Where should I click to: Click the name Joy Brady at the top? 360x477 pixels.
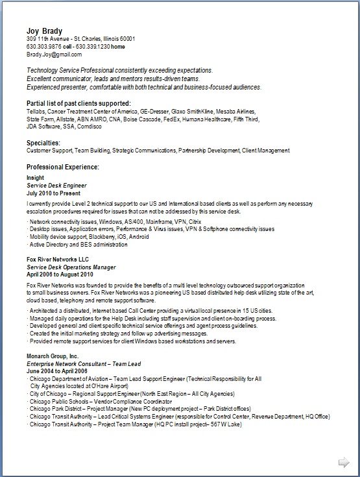pyautogui.click(x=44, y=31)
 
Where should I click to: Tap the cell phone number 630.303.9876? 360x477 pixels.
pyautogui.click(x=45, y=47)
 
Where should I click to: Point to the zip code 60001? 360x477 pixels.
pyautogui.click(x=144, y=40)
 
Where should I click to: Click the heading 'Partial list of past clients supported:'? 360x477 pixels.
pyautogui.click(x=78, y=104)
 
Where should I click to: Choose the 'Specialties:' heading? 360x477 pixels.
pyautogui.click(x=43, y=143)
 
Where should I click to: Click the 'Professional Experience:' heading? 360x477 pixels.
pyautogui.click(x=62, y=167)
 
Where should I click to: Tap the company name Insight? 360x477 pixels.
pyautogui.click(x=36, y=177)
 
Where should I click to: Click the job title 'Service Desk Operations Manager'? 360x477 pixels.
pyautogui.click(x=71, y=267)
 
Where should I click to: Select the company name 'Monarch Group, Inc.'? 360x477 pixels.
pyautogui.click(x=53, y=357)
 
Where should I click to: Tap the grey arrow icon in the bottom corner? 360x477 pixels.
pyautogui.click(x=344, y=461)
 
